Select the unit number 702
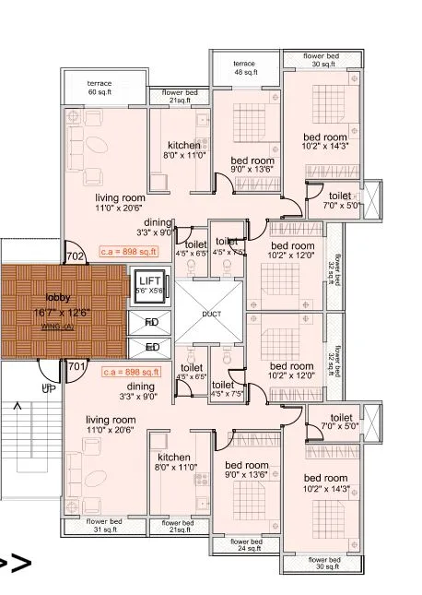76,256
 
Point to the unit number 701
76,366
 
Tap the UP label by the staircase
48,388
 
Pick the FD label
152,322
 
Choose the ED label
152,347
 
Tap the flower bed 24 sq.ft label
247,545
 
